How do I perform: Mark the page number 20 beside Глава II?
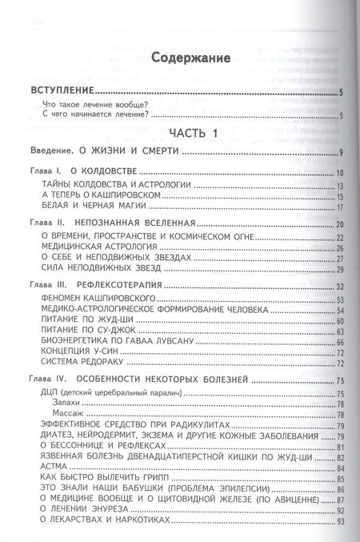(x=339, y=225)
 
